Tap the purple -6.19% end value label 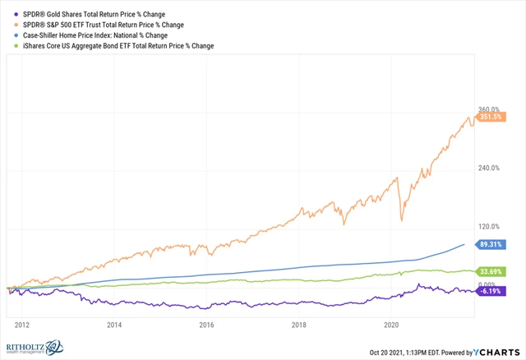pos(491,291)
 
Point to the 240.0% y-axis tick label pos(490,168)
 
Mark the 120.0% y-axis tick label pos(490,227)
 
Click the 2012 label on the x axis pos(22,325)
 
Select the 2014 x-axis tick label pos(114,325)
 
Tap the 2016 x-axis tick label pos(206,325)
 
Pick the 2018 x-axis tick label pos(299,325)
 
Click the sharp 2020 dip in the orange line pos(401,219)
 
